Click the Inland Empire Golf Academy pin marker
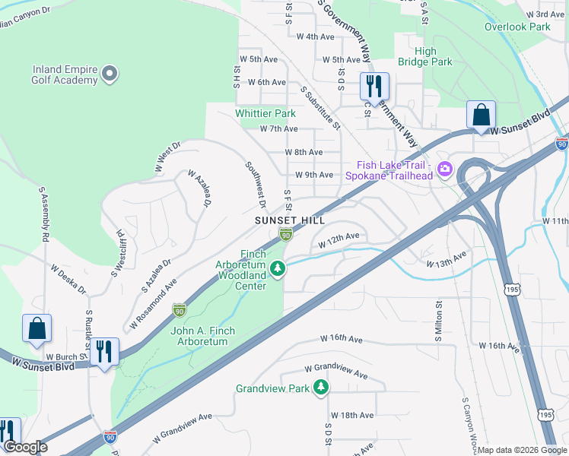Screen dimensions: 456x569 point(110,74)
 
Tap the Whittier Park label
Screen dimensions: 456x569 point(265,113)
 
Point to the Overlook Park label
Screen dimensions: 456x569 point(517,27)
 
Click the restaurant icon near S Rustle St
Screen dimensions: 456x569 point(104,351)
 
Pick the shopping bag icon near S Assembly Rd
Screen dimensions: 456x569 point(37,328)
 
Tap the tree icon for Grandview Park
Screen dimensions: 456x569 point(322,388)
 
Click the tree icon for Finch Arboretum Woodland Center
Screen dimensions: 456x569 point(279,267)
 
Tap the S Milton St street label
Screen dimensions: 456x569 point(439,321)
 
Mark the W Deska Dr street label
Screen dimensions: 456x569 point(68,279)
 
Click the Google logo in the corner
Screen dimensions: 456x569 point(24,448)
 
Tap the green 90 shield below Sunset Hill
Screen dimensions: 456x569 point(285,235)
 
